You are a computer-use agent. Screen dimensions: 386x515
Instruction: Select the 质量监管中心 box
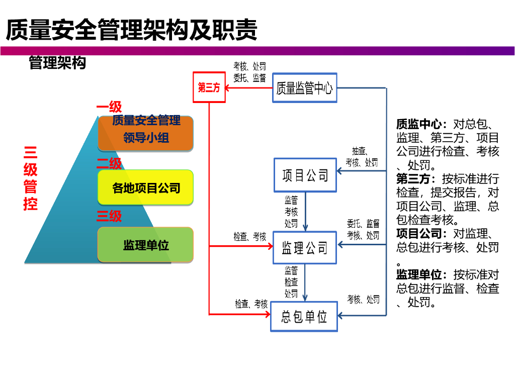[304, 88]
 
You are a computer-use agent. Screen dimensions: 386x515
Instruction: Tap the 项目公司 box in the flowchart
[305, 175]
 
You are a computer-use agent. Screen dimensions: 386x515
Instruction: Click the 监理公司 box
[305, 247]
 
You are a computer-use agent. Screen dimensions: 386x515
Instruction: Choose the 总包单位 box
[304, 317]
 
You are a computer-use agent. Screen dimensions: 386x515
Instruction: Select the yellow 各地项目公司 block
[146, 187]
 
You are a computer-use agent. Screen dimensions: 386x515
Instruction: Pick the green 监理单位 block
[146, 245]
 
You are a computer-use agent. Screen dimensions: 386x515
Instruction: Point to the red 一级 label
[109, 107]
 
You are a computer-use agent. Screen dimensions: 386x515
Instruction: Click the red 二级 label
[109, 163]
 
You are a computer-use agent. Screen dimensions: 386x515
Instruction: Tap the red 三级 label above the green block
[109, 216]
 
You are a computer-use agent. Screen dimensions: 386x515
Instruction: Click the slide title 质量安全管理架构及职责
[131, 30]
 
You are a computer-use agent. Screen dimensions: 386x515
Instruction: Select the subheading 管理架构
[57, 63]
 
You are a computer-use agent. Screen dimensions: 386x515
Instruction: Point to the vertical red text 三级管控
[31, 178]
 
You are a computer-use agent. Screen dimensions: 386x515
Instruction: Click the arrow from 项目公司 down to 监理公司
[305, 211]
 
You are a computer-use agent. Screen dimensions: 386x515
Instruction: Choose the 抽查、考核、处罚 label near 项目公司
[362, 156]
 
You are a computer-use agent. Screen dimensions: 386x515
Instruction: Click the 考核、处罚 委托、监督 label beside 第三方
[249, 72]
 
